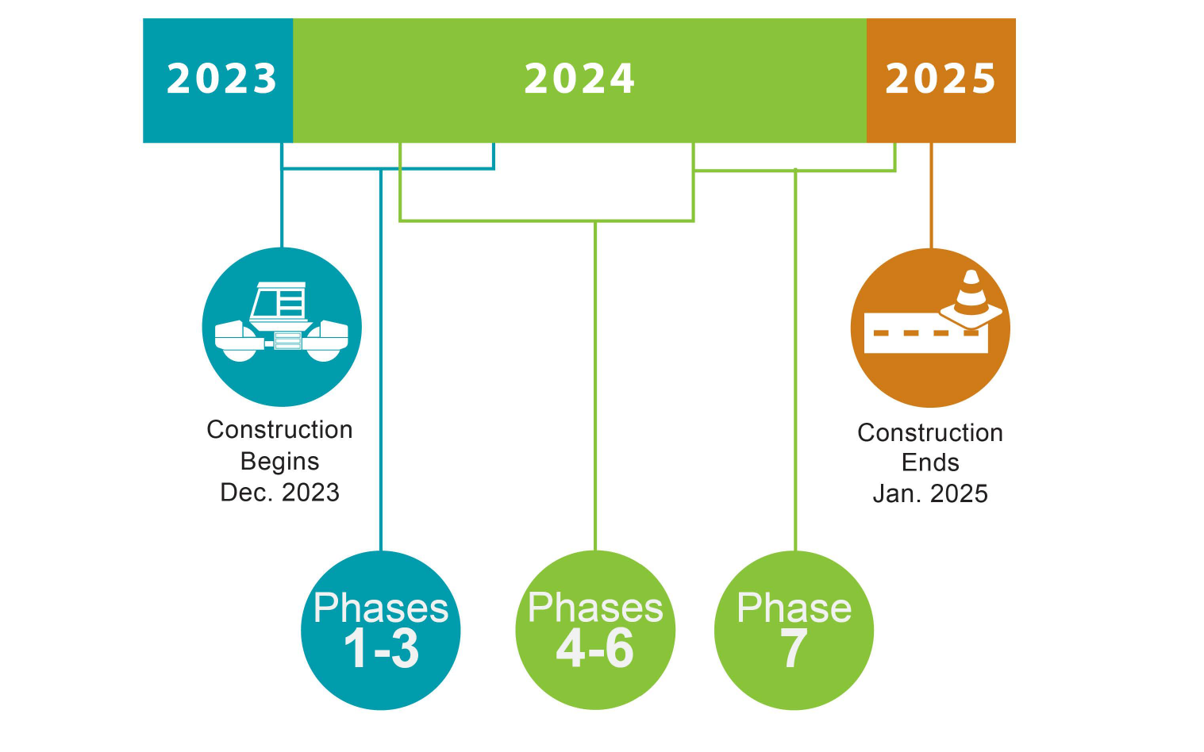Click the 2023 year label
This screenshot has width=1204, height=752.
click(x=221, y=79)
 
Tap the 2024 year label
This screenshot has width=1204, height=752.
click(x=579, y=79)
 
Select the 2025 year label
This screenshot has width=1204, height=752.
click(x=941, y=79)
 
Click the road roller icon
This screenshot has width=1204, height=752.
click(x=282, y=322)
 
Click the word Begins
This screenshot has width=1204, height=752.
click(x=279, y=462)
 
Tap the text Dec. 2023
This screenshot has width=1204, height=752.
click(x=279, y=493)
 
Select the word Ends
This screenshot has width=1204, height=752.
click(x=930, y=463)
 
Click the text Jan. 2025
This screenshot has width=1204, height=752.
click(x=930, y=493)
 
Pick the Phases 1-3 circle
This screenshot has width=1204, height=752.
click(x=380, y=630)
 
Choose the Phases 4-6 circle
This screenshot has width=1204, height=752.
click(x=595, y=630)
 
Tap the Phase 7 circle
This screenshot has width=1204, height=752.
click(x=794, y=630)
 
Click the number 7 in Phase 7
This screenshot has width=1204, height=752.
click(x=794, y=649)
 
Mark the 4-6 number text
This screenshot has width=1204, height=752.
click(x=595, y=649)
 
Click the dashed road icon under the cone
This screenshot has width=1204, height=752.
click(x=925, y=333)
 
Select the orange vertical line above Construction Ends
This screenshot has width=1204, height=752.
click(x=931, y=195)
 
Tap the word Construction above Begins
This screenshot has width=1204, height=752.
click(x=279, y=430)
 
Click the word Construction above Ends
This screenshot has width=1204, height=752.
click(x=930, y=433)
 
